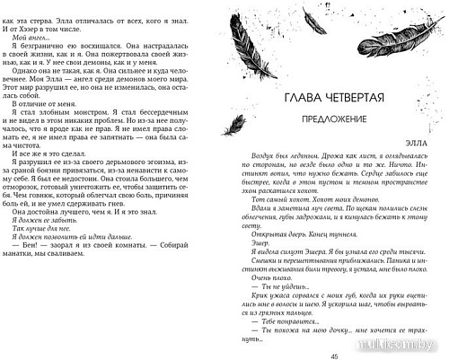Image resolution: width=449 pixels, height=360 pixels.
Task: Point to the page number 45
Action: point(334,353)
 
